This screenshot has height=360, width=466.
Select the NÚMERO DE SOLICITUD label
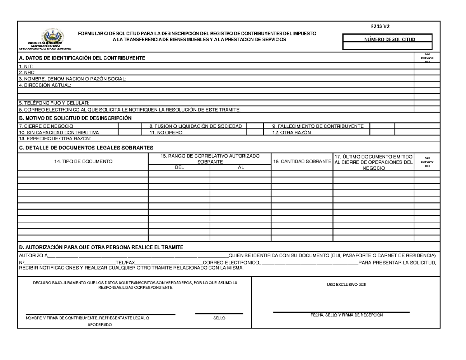click(387, 39)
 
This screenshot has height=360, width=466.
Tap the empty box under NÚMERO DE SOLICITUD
click(387, 46)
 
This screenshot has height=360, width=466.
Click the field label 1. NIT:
click(23, 66)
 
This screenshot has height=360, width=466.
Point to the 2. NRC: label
click(24, 72)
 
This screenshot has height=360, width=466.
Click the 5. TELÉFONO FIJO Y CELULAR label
click(54, 103)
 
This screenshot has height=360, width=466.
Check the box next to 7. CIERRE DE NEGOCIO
click(131, 126)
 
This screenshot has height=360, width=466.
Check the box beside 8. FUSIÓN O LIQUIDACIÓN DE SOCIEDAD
click(255, 126)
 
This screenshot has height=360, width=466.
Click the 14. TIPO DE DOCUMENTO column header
click(82, 161)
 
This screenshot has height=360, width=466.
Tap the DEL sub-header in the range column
click(179, 167)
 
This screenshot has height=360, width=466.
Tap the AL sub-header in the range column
click(240, 167)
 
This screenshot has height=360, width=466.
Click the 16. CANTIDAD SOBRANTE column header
click(302, 161)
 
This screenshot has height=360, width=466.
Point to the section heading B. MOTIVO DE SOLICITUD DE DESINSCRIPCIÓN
click(75, 118)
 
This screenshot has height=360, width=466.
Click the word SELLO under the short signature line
click(219, 318)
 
